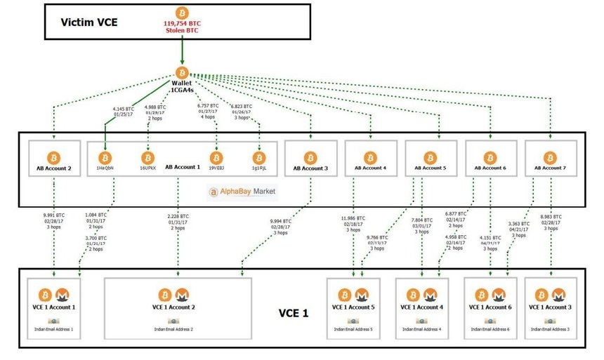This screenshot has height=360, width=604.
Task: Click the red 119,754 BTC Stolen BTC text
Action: [183, 26]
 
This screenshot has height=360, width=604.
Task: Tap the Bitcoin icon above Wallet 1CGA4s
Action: [183, 72]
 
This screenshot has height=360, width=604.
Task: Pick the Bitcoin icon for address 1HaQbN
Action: [105, 156]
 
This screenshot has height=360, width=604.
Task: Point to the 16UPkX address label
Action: [147, 168]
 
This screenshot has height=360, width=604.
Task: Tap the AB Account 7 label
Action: [551, 168]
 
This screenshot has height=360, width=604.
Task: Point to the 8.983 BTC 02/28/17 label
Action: [551, 224]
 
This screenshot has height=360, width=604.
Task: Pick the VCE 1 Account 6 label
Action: [490, 307]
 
